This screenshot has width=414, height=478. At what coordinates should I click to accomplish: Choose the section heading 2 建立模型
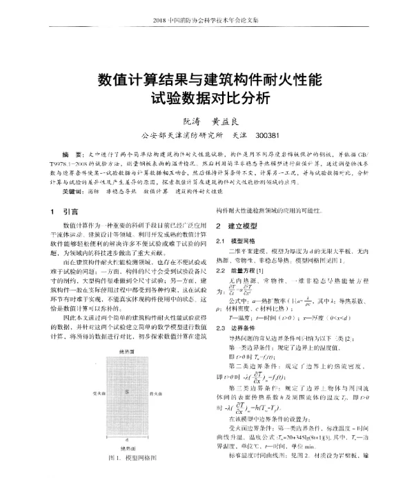point(237,226)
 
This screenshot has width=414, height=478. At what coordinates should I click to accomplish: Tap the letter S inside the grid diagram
point(126,391)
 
